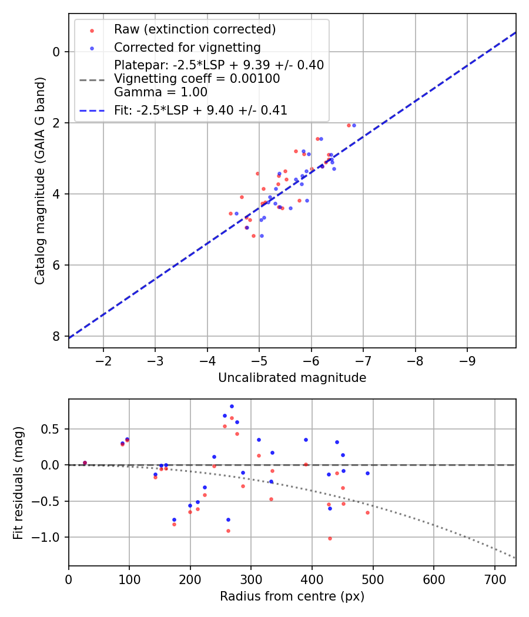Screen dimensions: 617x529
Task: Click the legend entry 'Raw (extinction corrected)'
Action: point(195,29)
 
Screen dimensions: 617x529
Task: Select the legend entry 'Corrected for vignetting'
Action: point(188,47)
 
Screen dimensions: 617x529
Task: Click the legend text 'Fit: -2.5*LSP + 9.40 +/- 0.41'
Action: point(200,110)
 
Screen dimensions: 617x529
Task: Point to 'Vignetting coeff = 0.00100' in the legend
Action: point(197,79)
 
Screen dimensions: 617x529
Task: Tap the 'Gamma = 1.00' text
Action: point(160,92)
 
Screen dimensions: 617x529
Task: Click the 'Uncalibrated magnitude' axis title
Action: point(292,378)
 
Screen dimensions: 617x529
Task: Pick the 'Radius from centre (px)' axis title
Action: point(292,596)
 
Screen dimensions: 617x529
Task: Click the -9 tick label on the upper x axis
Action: point(467,360)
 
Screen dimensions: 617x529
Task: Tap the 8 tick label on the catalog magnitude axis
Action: point(56,336)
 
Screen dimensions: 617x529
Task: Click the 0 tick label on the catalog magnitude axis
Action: point(56,52)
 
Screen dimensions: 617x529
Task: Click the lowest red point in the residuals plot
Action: point(330,538)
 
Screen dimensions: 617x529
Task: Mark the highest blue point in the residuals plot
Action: point(232,406)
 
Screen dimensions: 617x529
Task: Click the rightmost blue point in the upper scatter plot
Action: point(354,125)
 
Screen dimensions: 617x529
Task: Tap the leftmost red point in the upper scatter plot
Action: point(230,213)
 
